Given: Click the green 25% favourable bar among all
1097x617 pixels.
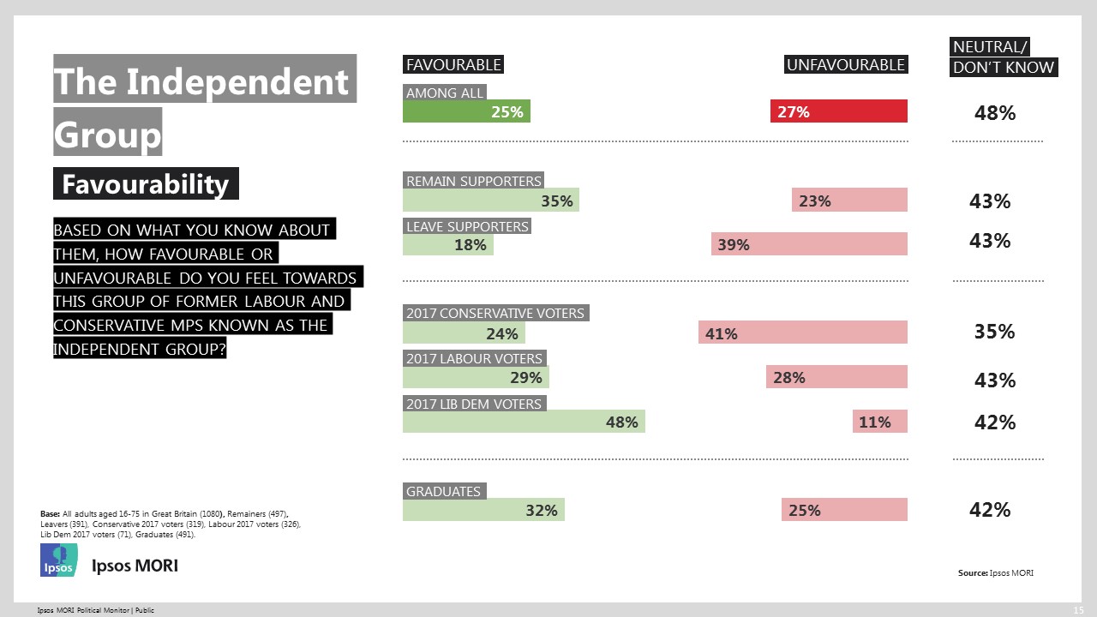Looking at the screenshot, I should (x=466, y=111).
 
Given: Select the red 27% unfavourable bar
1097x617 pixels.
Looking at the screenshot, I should (x=838, y=111).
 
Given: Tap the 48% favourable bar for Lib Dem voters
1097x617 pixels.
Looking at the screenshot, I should (x=524, y=422).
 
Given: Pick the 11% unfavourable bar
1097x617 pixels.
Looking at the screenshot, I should (x=879, y=422).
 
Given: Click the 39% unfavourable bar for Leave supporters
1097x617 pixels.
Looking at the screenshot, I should (x=809, y=244).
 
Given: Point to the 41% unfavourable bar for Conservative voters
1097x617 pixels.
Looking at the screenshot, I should (x=803, y=333).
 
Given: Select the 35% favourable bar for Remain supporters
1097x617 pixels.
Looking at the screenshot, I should (x=491, y=201).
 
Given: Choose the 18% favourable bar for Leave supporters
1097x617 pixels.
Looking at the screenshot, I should (x=448, y=244).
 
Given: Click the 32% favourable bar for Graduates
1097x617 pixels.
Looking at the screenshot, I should (x=483, y=510).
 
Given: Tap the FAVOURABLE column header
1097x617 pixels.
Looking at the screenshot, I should (x=453, y=65).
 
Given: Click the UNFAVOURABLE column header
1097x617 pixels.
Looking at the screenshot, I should (x=845, y=65).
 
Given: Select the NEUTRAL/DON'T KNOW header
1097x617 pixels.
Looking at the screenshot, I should (x=1003, y=57).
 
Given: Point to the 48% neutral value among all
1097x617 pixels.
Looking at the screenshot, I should (x=994, y=113).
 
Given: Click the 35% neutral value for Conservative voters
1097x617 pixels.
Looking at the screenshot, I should (x=994, y=332).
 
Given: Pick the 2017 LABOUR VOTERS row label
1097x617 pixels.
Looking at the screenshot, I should (x=474, y=358).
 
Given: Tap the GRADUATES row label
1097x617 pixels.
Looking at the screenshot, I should (x=443, y=492).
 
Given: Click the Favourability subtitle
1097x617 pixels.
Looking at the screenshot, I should (x=146, y=184).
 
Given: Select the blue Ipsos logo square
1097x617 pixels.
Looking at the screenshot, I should (x=59, y=560).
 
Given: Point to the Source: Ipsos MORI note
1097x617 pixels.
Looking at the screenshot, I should (x=995, y=572).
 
